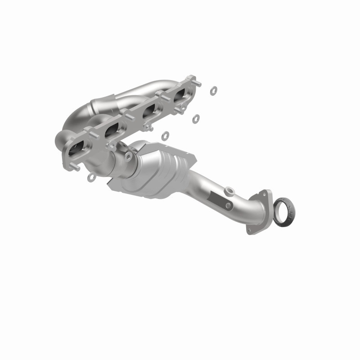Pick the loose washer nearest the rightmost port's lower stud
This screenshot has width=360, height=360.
[x=196, y=119]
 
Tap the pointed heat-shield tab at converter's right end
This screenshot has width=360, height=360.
[x=193, y=158]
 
